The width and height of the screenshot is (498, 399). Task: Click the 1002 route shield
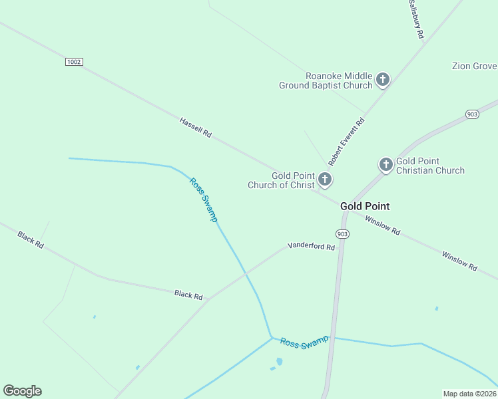tap(74, 62)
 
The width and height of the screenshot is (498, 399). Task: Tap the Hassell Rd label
tap(195, 127)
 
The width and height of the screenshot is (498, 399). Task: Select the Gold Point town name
tap(365, 206)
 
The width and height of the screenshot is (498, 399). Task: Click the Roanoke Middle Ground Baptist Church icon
tap(383, 80)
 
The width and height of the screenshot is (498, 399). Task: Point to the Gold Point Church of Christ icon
tap(325, 179)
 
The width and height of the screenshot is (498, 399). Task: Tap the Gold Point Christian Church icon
tap(386, 165)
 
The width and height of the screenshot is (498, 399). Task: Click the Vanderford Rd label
tap(311, 246)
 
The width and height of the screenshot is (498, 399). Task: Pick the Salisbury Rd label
tap(416, 19)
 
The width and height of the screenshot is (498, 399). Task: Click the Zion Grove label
tap(474, 66)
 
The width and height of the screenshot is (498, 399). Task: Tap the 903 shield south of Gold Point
tap(342, 234)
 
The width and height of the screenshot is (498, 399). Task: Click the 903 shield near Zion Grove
tap(472, 114)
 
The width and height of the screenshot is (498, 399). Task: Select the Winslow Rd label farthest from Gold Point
tap(459, 260)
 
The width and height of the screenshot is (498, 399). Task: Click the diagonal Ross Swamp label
tap(203, 199)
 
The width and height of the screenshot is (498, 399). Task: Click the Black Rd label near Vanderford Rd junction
tap(188, 295)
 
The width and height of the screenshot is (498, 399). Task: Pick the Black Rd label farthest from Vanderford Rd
tap(31, 240)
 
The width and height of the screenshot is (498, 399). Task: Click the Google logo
tap(22, 391)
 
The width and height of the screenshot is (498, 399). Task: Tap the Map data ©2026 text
tap(470, 394)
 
